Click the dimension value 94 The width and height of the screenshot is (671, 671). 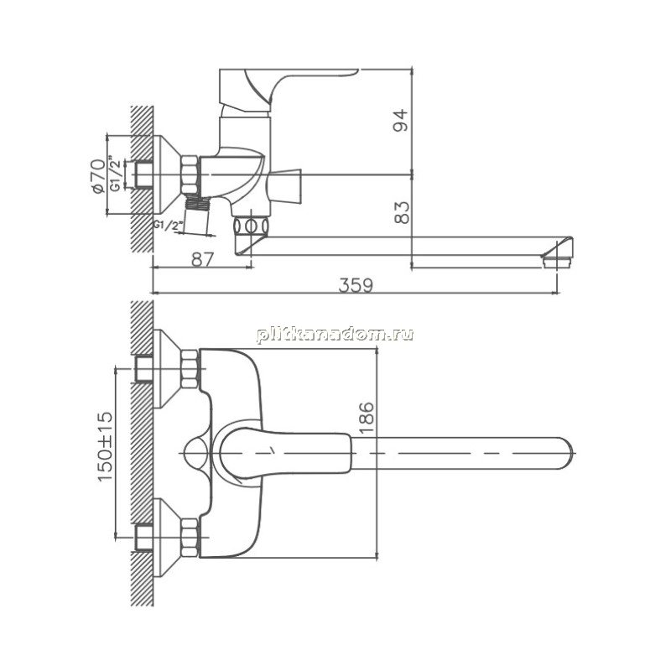[401, 120]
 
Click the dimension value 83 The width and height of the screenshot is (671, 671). [401, 213]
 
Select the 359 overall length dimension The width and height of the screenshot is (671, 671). [356, 285]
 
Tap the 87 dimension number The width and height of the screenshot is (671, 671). [202, 259]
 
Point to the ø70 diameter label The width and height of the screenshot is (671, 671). [98, 176]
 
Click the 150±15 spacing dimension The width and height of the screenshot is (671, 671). [105, 447]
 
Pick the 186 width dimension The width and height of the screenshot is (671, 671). [367, 418]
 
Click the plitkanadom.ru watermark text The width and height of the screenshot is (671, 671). [335, 334]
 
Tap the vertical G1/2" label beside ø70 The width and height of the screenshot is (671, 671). [115, 174]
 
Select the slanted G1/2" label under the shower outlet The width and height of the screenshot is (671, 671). [169, 225]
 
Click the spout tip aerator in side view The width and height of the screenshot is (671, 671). [557, 261]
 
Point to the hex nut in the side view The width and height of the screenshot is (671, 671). [190, 175]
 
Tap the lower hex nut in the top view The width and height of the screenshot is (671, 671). [190, 538]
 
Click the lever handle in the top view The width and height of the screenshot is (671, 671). [284, 453]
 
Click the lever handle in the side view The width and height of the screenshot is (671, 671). [287, 88]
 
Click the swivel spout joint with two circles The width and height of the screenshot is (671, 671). [252, 226]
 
